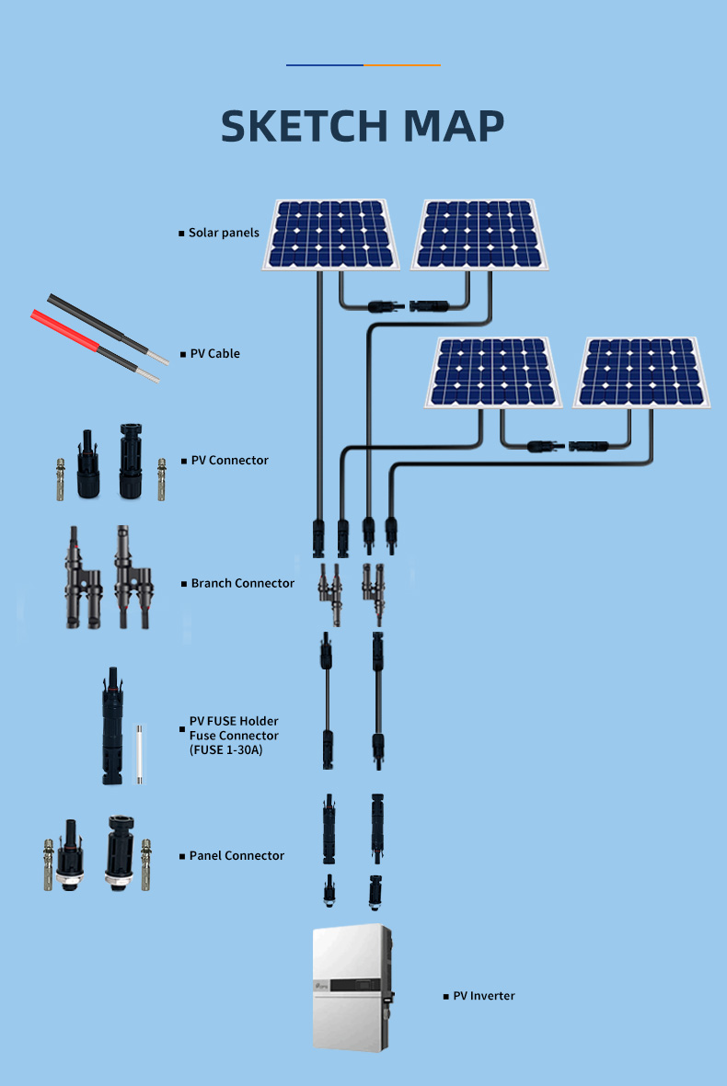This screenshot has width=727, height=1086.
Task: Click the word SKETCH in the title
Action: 304,127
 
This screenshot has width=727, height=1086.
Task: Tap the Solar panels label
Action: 224,234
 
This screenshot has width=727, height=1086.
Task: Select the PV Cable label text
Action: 214,354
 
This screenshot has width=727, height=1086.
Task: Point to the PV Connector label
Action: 229,461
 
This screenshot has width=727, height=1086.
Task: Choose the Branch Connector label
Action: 242,584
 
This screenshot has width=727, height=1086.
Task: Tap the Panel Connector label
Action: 237,856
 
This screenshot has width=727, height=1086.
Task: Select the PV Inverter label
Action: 484,997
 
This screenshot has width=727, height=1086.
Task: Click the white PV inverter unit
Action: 352,989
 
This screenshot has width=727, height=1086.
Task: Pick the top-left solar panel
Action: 330,234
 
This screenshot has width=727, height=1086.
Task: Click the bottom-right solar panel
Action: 642,372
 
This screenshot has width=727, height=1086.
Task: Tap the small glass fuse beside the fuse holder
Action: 140,753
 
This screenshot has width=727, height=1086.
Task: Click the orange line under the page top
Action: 402,65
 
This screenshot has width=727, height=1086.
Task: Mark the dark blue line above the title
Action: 325,65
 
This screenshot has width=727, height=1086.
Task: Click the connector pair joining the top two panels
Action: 408,304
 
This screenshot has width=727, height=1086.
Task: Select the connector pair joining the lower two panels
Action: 566,446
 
